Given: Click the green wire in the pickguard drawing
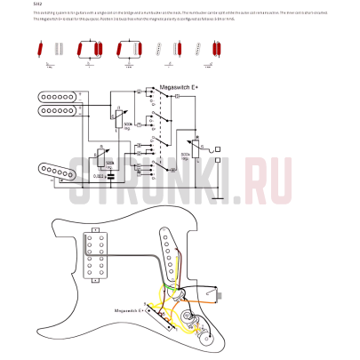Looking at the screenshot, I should tap(162, 286).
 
